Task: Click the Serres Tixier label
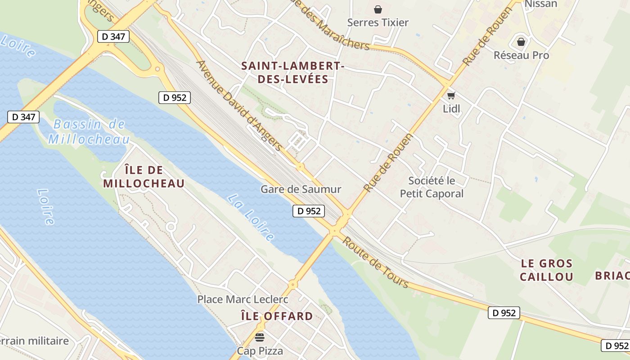(x=378, y=22)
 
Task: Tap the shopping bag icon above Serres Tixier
(x=378, y=9)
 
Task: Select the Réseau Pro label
(x=521, y=55)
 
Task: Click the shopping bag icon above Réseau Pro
(x=521, y=42)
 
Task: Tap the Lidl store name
(x=451, y=108)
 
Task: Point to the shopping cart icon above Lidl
(x=451, y=95)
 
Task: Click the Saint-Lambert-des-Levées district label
(x=292, y=72)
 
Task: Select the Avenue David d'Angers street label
(x=240, y=106)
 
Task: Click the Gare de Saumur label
(x=301, y=189)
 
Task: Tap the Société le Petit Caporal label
(x=432, y=187)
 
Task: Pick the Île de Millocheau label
(x=144, y=177)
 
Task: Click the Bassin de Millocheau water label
(x=89, y=132)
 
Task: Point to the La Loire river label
(x=251, y=217)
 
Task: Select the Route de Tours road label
(x=375, y=262)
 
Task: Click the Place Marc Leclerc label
(x=243, y=299)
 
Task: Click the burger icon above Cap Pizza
(x=260, y=337)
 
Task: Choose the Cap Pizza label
(x=260, y=351)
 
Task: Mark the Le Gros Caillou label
(x=546, y=270)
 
